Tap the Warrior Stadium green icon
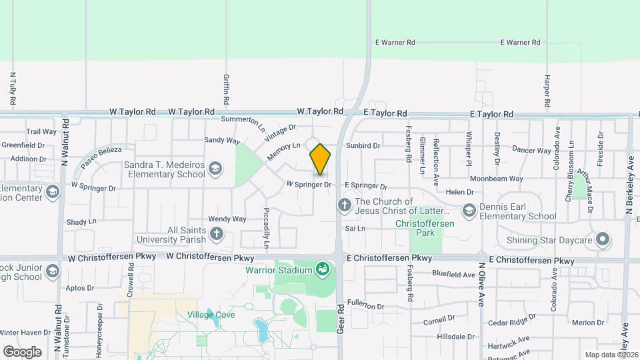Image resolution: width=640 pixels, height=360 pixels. (323, 269)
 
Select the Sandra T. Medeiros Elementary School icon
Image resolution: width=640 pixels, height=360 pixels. (215, 169)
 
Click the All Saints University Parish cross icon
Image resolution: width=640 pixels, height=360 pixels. (216, 233)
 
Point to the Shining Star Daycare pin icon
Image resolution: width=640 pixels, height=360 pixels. (603, 239)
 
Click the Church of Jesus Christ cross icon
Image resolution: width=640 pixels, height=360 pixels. (345, 205)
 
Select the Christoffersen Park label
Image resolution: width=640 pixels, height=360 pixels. (424, 228)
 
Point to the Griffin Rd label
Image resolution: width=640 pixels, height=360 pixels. (227, 89)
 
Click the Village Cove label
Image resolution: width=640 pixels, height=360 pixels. (211, 315)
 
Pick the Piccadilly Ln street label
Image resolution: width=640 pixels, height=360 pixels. (265, 231)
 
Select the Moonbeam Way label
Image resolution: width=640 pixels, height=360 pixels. (494, 179)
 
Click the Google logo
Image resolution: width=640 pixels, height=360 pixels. (22, 352)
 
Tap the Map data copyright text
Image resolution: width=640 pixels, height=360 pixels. (611, 355)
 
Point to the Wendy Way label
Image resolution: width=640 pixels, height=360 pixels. (227, 219)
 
